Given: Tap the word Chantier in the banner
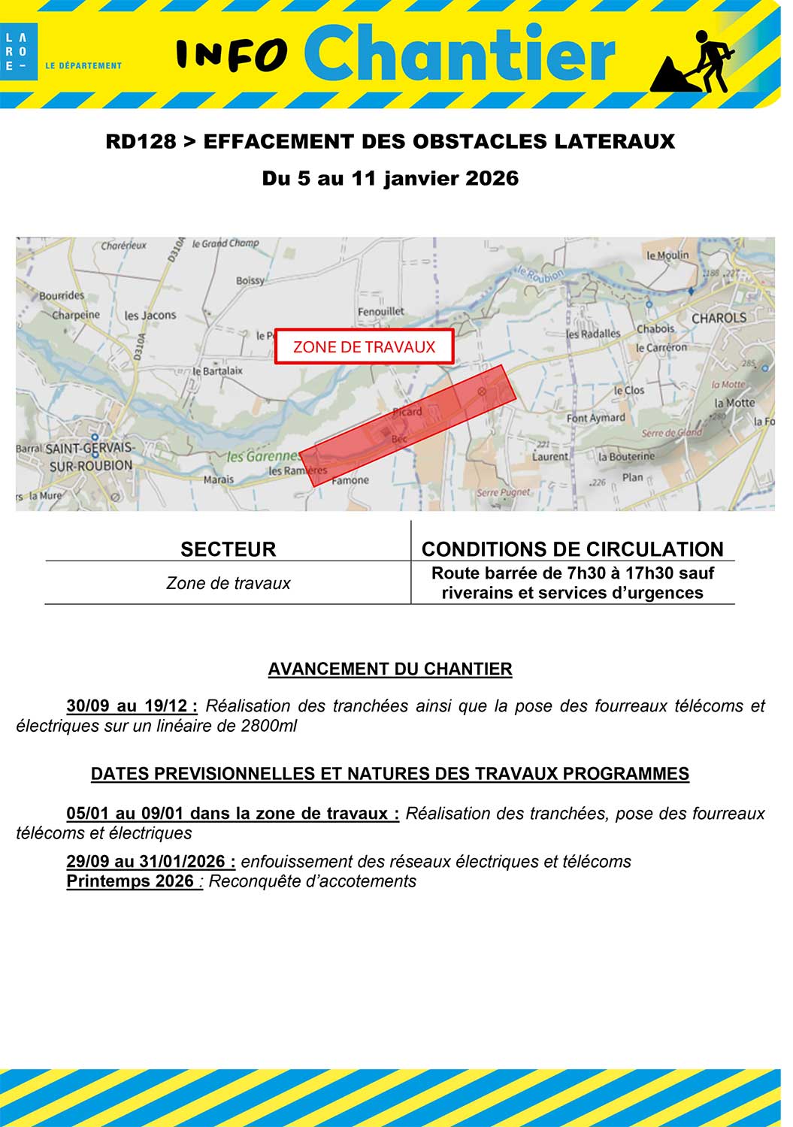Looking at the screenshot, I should tap(459, 53).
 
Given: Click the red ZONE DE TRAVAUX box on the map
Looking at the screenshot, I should tap(365, 347).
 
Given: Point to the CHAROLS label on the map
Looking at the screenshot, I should tap(719, 318).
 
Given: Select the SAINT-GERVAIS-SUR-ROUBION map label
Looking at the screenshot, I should tap(89, 457).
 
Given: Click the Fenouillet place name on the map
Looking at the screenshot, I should tap(380, 311).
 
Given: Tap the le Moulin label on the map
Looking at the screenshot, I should tap(667, 255).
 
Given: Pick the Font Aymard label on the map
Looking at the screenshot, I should tap(595, 418).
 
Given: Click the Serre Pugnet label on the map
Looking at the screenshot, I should tap(503, 493).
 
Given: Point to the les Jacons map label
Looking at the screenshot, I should tap(150, 316).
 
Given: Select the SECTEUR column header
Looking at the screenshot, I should tap(228, 549).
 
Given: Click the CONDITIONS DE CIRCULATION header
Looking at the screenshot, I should tap(572, 549).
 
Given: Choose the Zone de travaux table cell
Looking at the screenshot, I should tap(228, 584).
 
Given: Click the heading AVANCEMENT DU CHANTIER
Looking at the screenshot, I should tap(390, 669).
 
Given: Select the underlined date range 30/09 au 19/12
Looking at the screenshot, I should tap(132, 706).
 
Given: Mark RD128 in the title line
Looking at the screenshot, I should tap(141, 141).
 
